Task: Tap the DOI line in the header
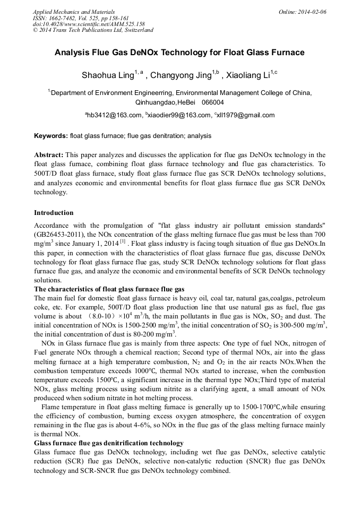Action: pyautogui.click(x=89, y=24)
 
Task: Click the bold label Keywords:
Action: pyautogui.click(x=51, y=136)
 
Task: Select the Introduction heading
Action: pyautogui.click(x=54, y=213)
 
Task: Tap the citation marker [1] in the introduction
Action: pyautogui.click(x=122, y=241)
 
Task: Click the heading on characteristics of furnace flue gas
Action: pyautogui.click(x=109, y=289)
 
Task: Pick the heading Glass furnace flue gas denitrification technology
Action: pyautogui.click(x=109, y=443)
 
